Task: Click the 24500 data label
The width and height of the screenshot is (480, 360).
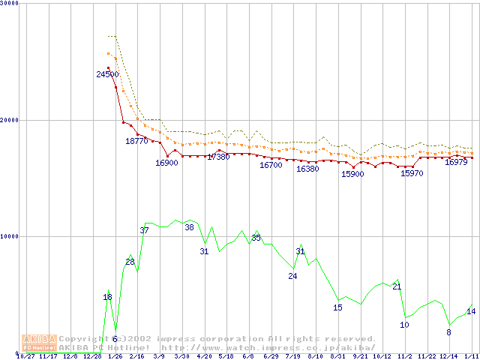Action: [x=108, y=74]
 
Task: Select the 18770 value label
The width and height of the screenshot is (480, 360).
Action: [x=137, y=141]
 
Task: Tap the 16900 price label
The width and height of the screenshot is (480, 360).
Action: [x=166, y=163]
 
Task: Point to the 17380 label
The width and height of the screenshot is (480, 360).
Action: [x=218, y=157]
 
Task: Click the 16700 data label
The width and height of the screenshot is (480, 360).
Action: [x=271, y=165]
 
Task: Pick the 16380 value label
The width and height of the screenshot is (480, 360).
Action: [x=307, y=169]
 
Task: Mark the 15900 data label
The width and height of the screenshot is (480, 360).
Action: [x=352, y=174]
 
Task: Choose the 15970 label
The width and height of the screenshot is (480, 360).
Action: [x=412, y=173]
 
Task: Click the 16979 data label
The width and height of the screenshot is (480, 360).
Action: [x=456, y=162]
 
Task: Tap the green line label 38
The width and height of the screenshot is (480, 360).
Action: [x=189, y=227]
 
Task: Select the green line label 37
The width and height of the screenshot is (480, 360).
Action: [x=144, y=230]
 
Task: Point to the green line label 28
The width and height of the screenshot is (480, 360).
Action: [x=130, y=262]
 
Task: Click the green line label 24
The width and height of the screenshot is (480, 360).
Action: [x=292, y=276]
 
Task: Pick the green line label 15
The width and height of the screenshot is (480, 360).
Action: [x=337, y=307]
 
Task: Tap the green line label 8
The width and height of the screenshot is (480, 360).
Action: [x=448, y=332]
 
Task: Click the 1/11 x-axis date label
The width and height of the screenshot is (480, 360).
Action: [x=471, y=357]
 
